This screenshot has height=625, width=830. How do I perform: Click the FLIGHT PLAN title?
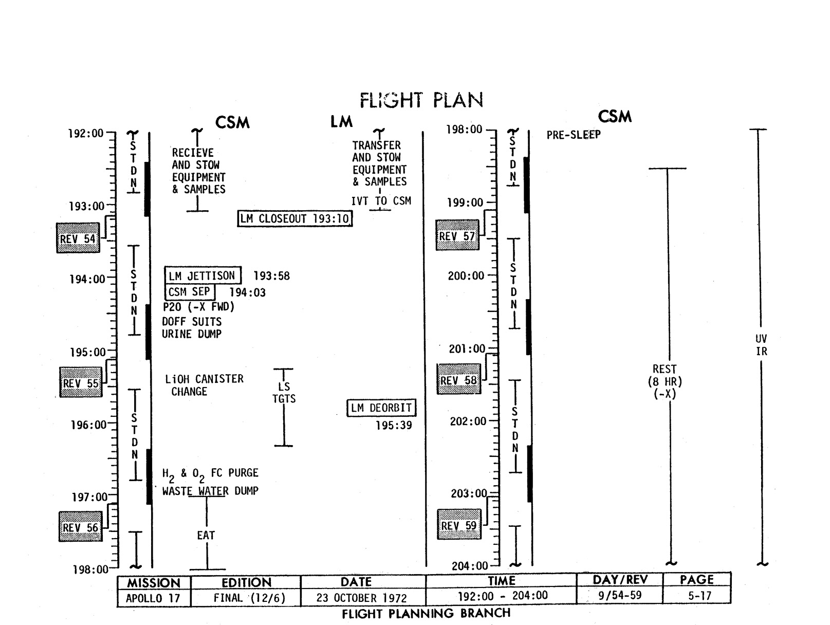point(421,100)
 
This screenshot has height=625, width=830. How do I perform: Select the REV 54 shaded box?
point(78,238)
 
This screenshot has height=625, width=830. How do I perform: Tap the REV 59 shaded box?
point(458,525)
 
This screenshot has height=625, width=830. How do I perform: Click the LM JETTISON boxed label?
point(202,275)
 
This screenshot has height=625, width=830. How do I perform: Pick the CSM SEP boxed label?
point(190,292)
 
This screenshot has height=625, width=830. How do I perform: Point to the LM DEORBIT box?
point(381,408)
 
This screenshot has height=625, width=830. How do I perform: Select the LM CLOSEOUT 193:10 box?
point(295,218)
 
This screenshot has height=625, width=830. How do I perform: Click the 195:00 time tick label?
point(87,353)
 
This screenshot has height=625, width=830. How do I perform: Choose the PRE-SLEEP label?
point(574,135)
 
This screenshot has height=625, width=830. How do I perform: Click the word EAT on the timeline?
point(206,535)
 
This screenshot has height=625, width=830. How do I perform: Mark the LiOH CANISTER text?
point(204,379)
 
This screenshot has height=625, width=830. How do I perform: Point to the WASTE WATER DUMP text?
point(210,491)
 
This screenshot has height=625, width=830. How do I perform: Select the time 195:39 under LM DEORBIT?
point(394,425)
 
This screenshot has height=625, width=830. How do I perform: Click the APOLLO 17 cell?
point(153,598)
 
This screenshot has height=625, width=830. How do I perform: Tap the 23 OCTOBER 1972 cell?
point(362,598)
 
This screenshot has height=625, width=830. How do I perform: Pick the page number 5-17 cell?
point(696,596)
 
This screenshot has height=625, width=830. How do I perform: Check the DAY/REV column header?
point(620,580)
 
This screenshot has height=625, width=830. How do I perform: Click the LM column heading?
point(341,122)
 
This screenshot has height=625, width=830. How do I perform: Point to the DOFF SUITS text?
point(192,322)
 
